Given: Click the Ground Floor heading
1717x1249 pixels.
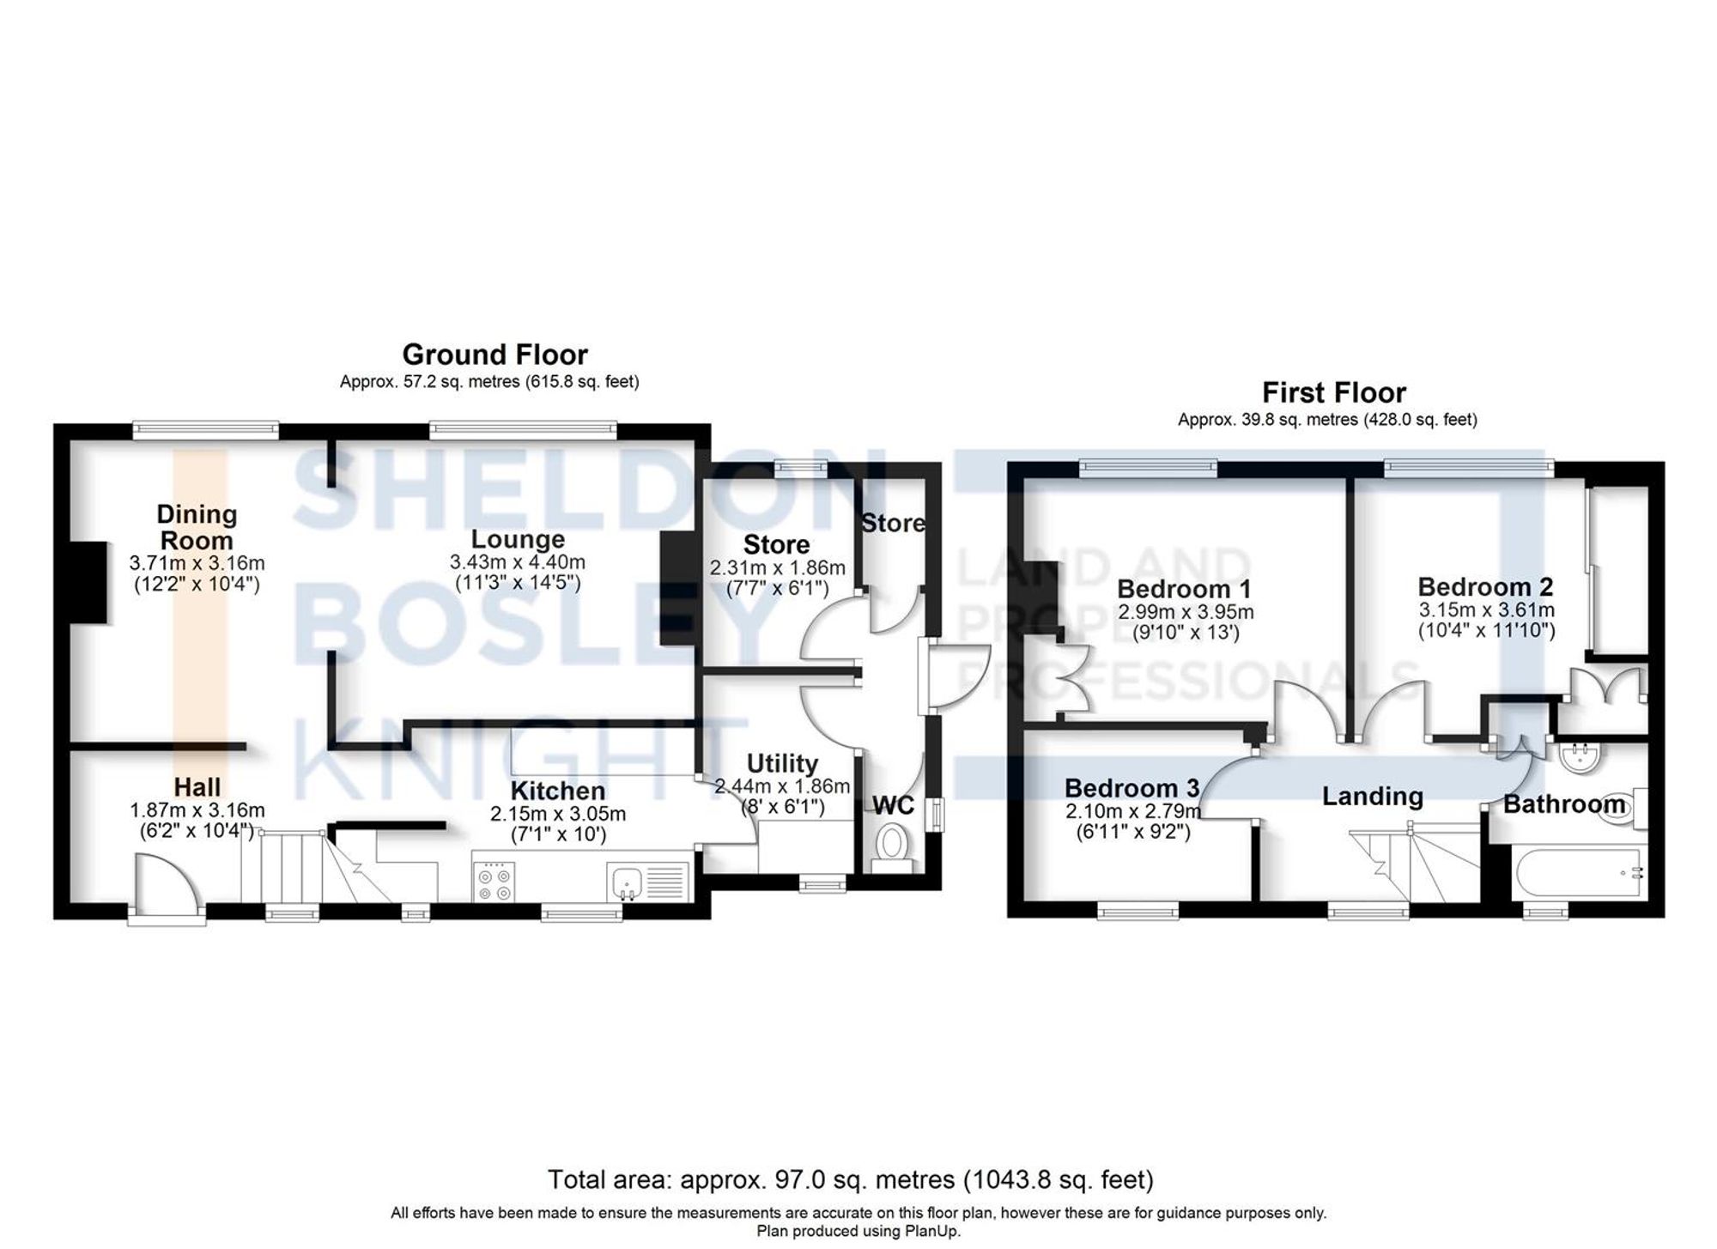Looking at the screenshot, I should (494, 354).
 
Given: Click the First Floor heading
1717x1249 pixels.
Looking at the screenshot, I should (1333, 392).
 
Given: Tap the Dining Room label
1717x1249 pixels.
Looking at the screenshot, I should (197, 527).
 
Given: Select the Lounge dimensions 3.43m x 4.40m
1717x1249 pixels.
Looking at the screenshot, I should (517, 562).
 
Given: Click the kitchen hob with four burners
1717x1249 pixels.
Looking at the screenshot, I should (494, 882).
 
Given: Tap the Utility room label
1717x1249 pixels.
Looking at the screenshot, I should (781, 763).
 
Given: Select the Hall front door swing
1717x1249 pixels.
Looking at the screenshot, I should (167, 880).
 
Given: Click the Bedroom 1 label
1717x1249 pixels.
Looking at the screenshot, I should (1184, 589).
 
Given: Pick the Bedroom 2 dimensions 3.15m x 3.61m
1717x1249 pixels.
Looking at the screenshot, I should (1485, 610).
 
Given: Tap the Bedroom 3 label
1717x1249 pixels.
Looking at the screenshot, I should (1131, 787).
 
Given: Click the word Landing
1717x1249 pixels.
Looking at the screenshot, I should (1372, 796).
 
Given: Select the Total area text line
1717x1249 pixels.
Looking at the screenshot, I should (850, 1179).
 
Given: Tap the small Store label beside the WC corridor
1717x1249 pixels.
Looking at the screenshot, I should (892, 523).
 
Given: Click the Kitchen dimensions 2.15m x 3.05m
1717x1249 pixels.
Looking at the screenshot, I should (558, 813).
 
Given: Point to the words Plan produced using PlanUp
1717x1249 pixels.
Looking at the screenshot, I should (858, 1231).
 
